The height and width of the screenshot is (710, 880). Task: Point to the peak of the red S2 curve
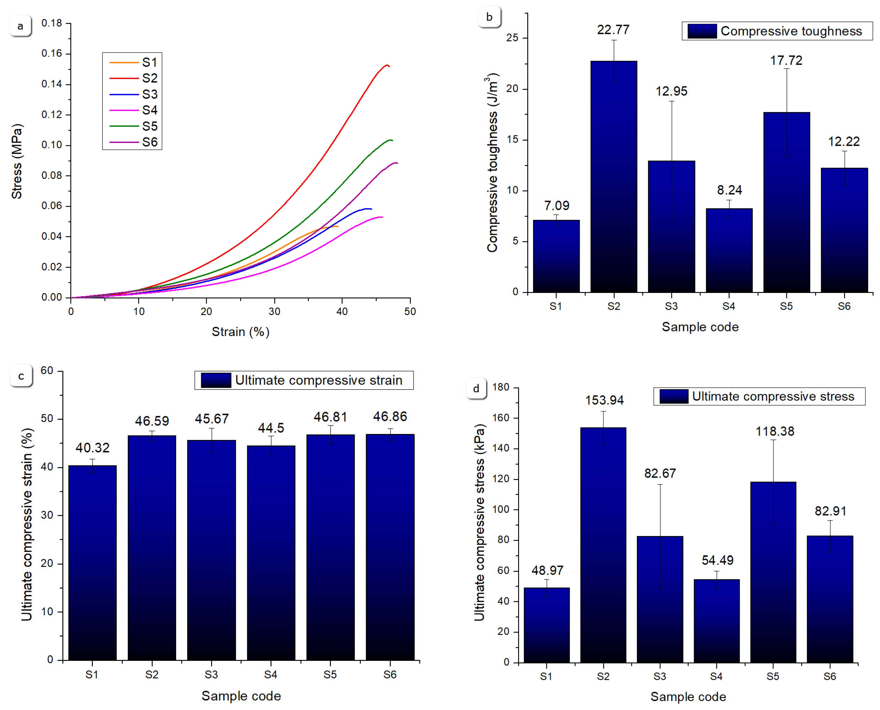(x=386, y=65)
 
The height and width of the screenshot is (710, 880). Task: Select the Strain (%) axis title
(x=240, y=332)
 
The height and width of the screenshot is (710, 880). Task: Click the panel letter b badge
(x=489, y=17)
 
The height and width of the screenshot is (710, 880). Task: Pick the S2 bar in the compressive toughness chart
(x=613, y=176)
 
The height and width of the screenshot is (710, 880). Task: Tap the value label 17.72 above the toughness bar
(x=786, y=60)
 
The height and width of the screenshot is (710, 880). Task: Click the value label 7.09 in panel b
(x=556, y=205)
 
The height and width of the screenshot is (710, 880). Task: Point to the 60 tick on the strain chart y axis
(x=47, y=370)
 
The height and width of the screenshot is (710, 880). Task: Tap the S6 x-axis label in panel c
(x=390, y=674)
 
